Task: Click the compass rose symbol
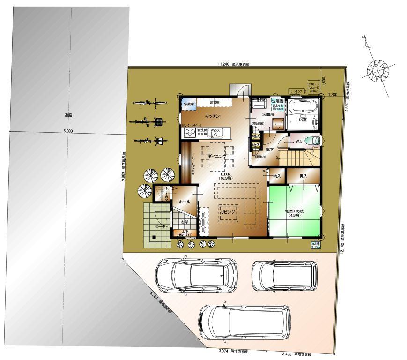(x=378, y=70)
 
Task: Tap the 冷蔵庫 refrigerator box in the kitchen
(x=188, y=104)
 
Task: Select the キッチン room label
(x=212, y=115)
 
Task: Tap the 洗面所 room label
(x=268, y=114)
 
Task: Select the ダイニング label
(x=217, y=156)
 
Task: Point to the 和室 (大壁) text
(x=294, y=211)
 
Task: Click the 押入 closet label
(x=303, y=176)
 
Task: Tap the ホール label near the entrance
(x=184, y=202)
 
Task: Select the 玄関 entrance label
(x=184, y=222)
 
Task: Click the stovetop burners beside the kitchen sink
(x=189, y=133)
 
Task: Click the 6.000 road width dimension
(x=67, y=132)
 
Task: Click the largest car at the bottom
(x=244, y=322)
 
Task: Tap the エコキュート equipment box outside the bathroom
(x=313, y=87)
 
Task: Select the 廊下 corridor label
(x=270, y=150)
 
